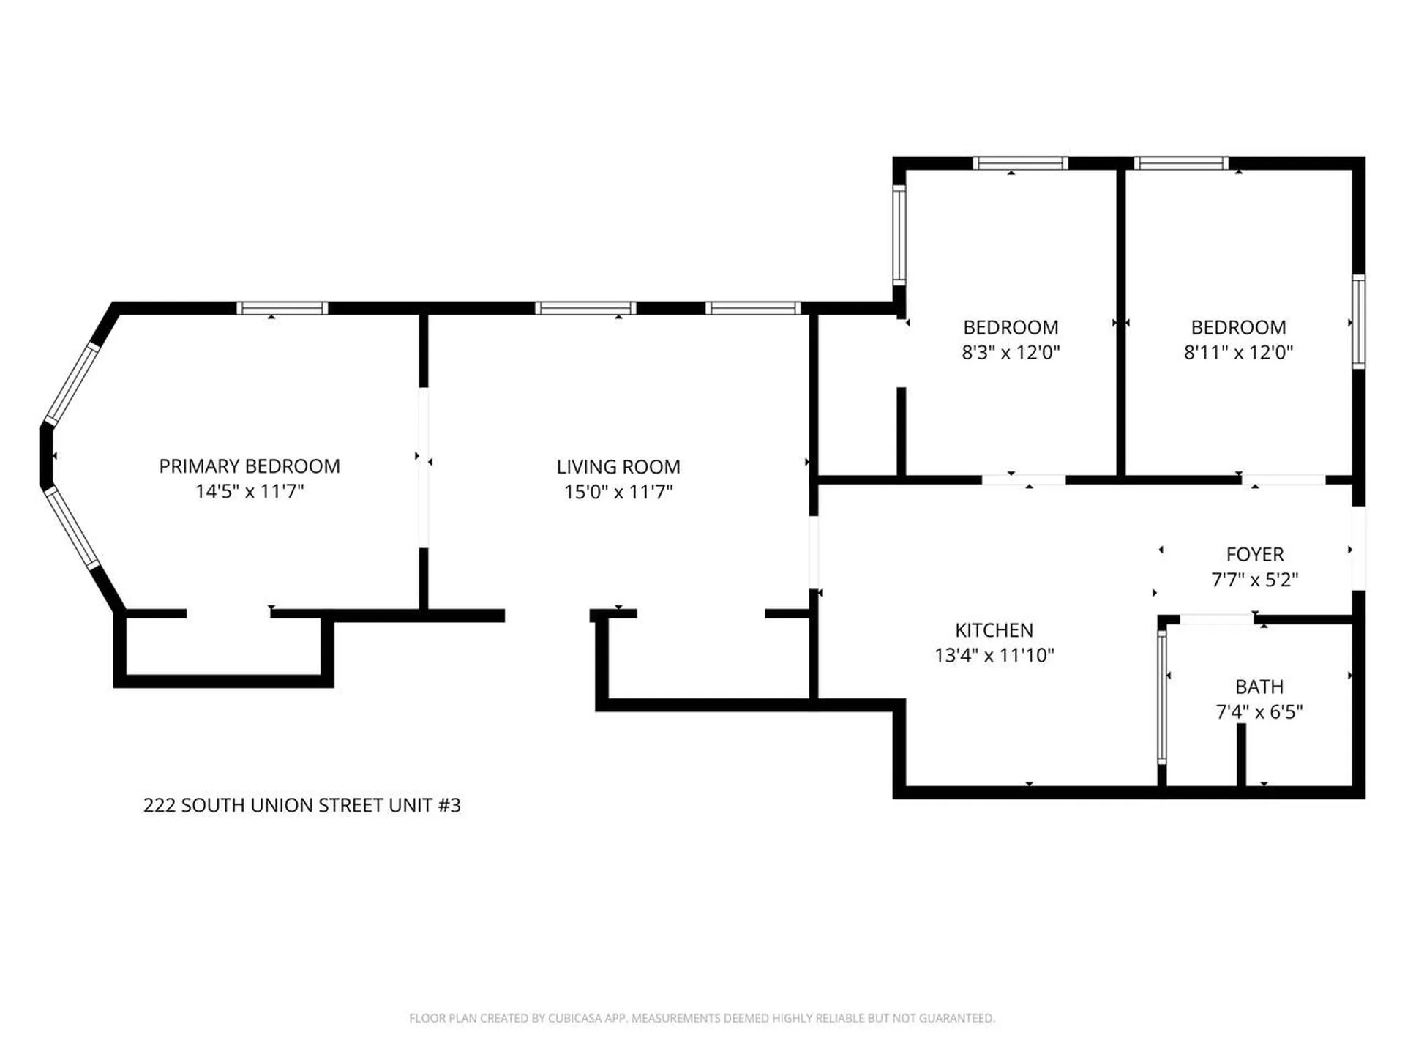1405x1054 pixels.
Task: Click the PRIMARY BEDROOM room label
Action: coord(250,466)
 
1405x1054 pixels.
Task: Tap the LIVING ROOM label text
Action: coord(618,467)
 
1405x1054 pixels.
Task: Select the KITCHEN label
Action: coord(994,630)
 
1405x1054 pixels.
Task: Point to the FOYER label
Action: coord(1255,555)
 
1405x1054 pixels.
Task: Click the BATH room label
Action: coord(1259,687)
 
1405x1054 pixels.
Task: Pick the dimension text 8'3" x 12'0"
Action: coord(1011,352)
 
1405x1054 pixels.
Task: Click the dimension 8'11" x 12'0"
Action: coord(1238,352)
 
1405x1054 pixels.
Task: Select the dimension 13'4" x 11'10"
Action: coord(994,655)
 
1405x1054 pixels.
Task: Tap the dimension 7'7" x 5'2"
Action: coord(1255,580)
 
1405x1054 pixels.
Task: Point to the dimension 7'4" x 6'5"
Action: coord(1259,711)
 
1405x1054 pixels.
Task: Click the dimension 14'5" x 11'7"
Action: coord(250,491)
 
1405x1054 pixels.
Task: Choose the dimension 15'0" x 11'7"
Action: coord(618,492)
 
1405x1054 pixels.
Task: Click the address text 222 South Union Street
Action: coord(302,805)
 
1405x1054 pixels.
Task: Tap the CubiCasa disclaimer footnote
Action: coord(702,1018)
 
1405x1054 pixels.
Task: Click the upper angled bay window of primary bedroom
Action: coord(72,384)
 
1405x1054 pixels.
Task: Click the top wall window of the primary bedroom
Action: coord(282,308)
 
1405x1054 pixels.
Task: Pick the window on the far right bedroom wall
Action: coord(1359,322)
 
